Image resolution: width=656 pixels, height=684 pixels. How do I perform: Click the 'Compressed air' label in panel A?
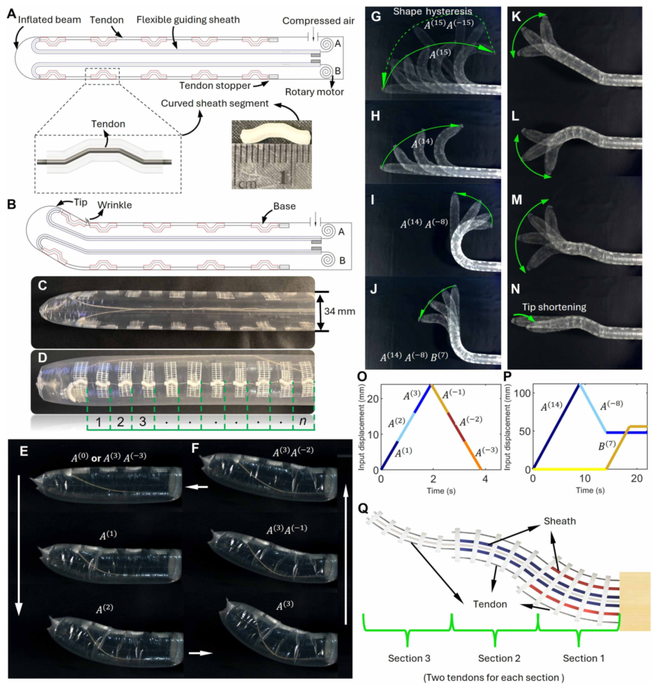[x=318, y=20]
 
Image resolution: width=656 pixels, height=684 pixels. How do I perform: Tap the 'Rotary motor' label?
[x=314, y=91]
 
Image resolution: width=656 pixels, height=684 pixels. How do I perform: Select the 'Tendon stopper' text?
[x=215, y=86]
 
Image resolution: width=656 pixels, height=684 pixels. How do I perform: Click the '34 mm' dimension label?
[x=340, y=311]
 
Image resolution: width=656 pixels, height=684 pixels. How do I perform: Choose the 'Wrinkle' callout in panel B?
[x=114, y=205]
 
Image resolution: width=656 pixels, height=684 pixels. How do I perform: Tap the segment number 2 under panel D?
[x=121, y=422]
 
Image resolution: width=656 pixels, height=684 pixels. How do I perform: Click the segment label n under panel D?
[x=302, y=421]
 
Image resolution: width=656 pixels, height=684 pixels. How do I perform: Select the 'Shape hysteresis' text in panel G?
[x=432, y=12]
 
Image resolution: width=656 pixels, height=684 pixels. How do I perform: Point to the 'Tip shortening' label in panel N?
[x=554, y=307]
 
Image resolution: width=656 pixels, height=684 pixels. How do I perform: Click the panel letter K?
[x=516, y=17]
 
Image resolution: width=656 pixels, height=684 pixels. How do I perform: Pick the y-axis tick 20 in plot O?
[x=373, y=399]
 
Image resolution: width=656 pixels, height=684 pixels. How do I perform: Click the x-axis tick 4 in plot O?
[x=485, y=479]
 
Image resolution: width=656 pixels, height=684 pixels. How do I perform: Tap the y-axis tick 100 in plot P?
[x=522, y=393]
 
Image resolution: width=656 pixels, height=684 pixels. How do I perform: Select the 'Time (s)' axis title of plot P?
[x=590, y=490]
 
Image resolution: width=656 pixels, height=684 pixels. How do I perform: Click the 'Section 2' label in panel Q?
[x=499, y=658]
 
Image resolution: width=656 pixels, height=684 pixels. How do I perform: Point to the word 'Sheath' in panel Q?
[x=559, y=521]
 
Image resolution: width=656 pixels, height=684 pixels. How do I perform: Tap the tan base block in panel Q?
[x=635, y=601]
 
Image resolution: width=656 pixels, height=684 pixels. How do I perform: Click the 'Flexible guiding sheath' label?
[x=188, y=20]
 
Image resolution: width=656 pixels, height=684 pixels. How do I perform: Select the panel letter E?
[x=24, y=451]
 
